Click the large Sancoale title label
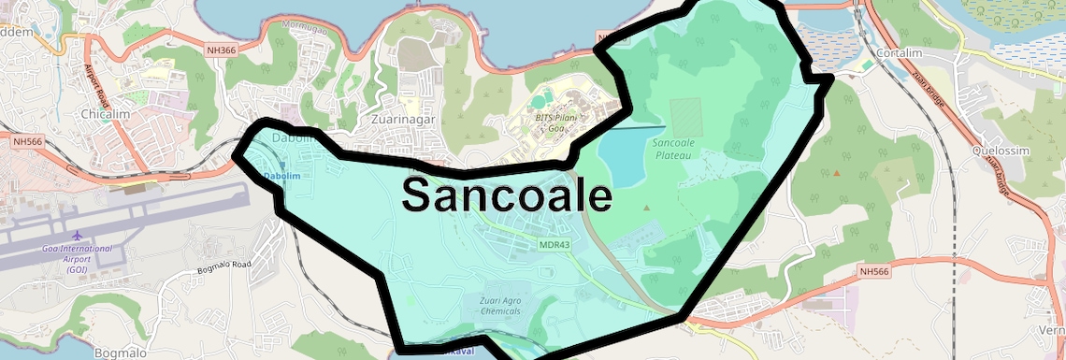[x=507, y=194]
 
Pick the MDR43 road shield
[x=554, y=244]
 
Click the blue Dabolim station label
[x=281, y=176]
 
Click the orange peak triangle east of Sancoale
[x=836, y=173]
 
